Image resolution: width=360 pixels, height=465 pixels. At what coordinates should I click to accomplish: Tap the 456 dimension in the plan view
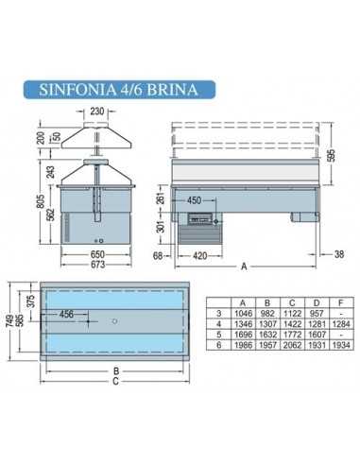67,314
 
